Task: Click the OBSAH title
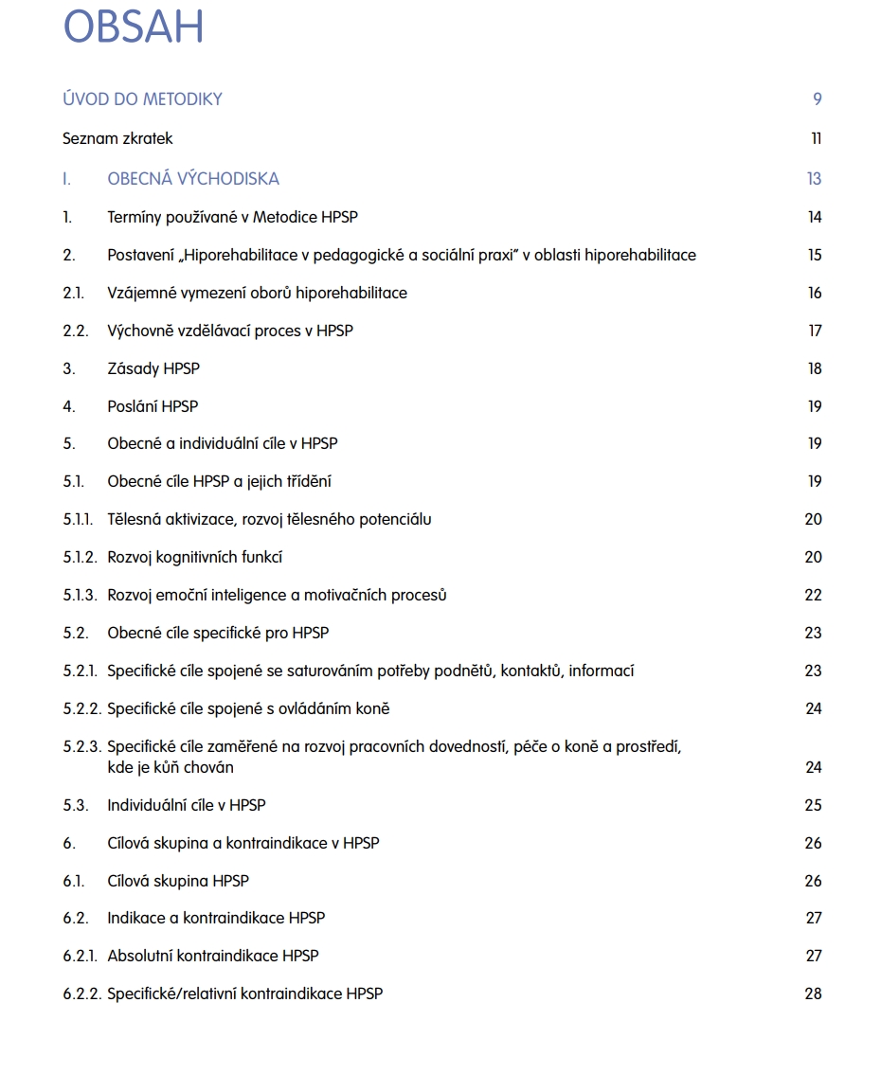pyautogui.click(x=133, y=27)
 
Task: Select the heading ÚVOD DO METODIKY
pyautogui.click(x=142, y=99)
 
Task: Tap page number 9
pyautogui.click(x=817, y=99)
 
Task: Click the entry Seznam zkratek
pyautogui.click(x=117, y=139)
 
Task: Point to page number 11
pyautogui.click(x=816, y=139)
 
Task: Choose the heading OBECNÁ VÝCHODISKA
pyautogui.click(x=193, y=179)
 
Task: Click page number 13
pyautogui.click(x=814, y=179)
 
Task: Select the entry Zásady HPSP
pyautogui.click(x=153, y=368)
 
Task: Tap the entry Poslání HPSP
pyautogui.click(x=153, y=406)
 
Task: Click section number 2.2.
pyautogui.click(x=75, y=331)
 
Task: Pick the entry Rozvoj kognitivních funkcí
pyautogui.click(x=194, y=557)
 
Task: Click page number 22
pyautogui.click(x=813, y=595)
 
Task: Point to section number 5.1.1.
pyautogui.click(x=80, y=519)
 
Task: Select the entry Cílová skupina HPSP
pyautogui.click(x=178, y=881)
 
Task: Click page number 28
pyautogui.click(x=813, y=994)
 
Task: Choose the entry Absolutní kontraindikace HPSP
pyautogui.click(x=212, y=956)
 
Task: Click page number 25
pyautogui.click(x=813, y=805)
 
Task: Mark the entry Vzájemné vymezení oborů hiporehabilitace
pyautogui.click(x=257, y=293)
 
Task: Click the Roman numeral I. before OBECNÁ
pyautogui.click(x=67, y=179)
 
